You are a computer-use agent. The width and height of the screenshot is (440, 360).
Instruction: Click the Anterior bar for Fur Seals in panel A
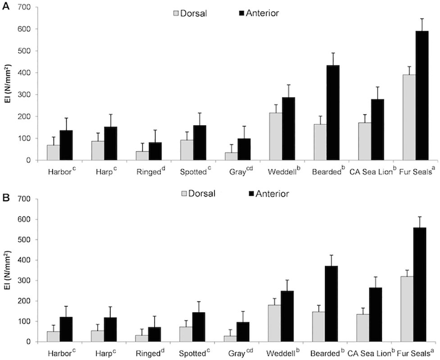[x=422, y=95]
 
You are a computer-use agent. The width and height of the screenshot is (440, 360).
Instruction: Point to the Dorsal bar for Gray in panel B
[x=231, y=338]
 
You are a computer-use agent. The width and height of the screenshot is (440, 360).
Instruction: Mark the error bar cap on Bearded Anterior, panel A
[x=333, y=53]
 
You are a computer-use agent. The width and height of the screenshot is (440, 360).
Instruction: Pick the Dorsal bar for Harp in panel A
[x=97, y=150]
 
